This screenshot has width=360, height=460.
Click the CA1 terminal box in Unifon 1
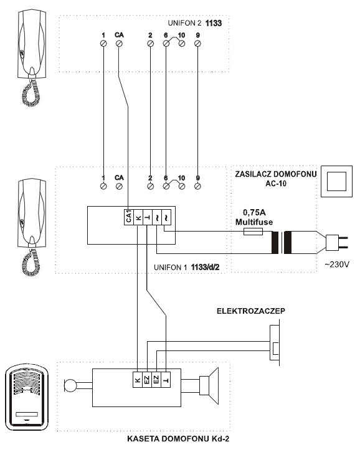(x=128, y=217)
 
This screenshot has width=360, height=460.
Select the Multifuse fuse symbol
(x=253, y=232)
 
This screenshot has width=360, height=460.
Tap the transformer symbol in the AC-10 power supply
(x=282, y=243)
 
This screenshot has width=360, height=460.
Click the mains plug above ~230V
(x=337, y=242)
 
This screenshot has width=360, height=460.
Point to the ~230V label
(x=337, y=265)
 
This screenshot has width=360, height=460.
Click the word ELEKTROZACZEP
(x=251, y=311)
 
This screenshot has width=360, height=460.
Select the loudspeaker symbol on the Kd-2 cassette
(x=209, y=386)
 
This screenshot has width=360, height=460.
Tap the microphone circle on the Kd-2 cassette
(x=70, y=385)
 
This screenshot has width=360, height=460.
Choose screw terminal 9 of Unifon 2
(x=197, y=44)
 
